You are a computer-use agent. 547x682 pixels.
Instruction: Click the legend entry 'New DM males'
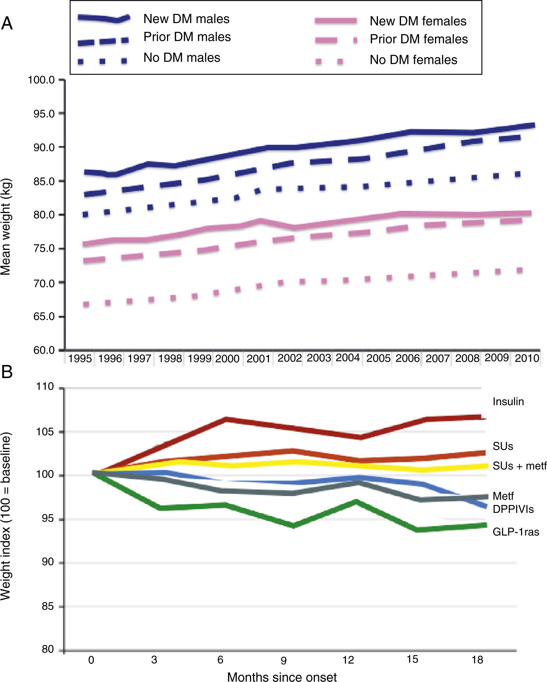point(186,19)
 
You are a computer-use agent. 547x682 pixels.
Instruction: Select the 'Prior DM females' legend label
point(419,39)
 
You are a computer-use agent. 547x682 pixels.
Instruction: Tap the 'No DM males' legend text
point(182,58)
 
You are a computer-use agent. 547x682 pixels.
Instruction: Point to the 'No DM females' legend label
point(414,60)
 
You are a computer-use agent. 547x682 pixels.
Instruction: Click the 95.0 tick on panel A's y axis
point(44,114)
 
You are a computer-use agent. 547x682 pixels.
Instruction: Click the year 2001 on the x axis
point(258,358)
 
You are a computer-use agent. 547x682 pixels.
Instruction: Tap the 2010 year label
point(527,358)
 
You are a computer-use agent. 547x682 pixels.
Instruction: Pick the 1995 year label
point(80,358)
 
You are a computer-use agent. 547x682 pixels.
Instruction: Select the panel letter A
point(7,23)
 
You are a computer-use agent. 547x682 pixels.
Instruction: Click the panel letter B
point(7,372)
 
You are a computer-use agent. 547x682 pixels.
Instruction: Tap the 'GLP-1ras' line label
point(516,532)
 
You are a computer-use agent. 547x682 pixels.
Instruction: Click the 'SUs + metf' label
point(519,466)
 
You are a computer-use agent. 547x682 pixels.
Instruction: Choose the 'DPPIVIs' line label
point(513,509)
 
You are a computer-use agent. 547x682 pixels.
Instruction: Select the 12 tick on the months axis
point(348,660)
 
